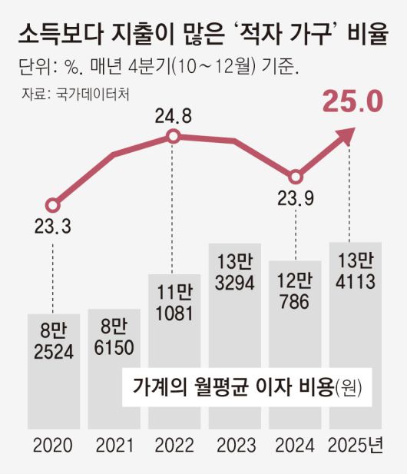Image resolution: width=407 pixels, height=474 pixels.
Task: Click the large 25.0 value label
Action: [352, 102]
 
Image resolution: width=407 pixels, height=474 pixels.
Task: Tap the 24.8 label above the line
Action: [173, 119]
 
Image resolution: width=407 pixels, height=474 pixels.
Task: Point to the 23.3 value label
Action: [52, 227]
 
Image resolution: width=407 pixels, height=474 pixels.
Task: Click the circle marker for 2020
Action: [52, 205]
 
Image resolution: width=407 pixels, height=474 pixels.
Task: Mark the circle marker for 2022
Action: [174, 137]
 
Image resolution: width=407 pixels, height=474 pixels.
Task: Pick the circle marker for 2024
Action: [295, 176]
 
